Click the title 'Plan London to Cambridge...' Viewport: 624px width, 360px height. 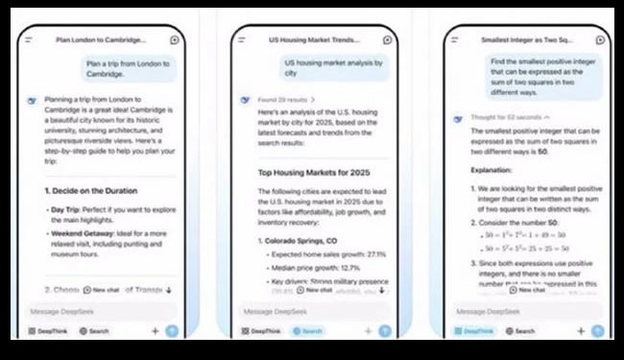click(x=101, y=40)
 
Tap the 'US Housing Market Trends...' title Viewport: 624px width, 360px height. click(x=312, y=40)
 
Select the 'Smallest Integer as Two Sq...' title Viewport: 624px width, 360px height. click(x=525, y=40)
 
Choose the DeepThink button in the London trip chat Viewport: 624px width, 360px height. click(x=48, y=331)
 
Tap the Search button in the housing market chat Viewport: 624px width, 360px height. click(x=309, y=331)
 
